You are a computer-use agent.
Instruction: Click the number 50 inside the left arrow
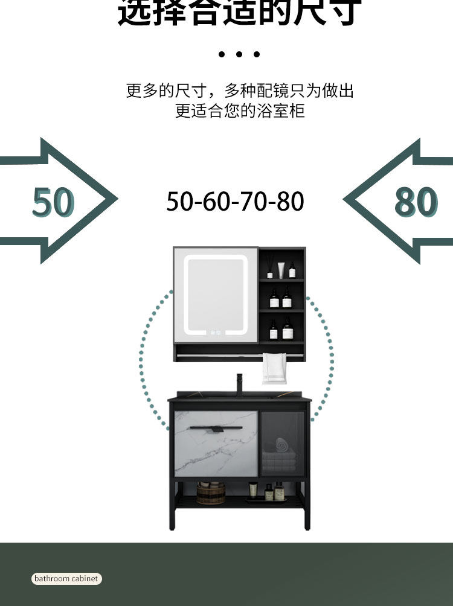53,202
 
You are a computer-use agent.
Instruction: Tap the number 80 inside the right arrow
416,202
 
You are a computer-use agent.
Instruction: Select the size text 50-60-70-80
235,202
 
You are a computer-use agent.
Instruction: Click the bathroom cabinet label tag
66,578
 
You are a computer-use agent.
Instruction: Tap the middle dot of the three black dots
239,54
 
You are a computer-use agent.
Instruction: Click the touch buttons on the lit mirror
216,332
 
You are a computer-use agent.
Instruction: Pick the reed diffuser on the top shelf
269,268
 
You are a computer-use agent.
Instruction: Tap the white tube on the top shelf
281,270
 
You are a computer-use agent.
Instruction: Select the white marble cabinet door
215,444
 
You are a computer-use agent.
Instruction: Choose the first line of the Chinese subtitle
240,91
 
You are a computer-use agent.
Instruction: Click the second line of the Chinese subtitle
240,111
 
